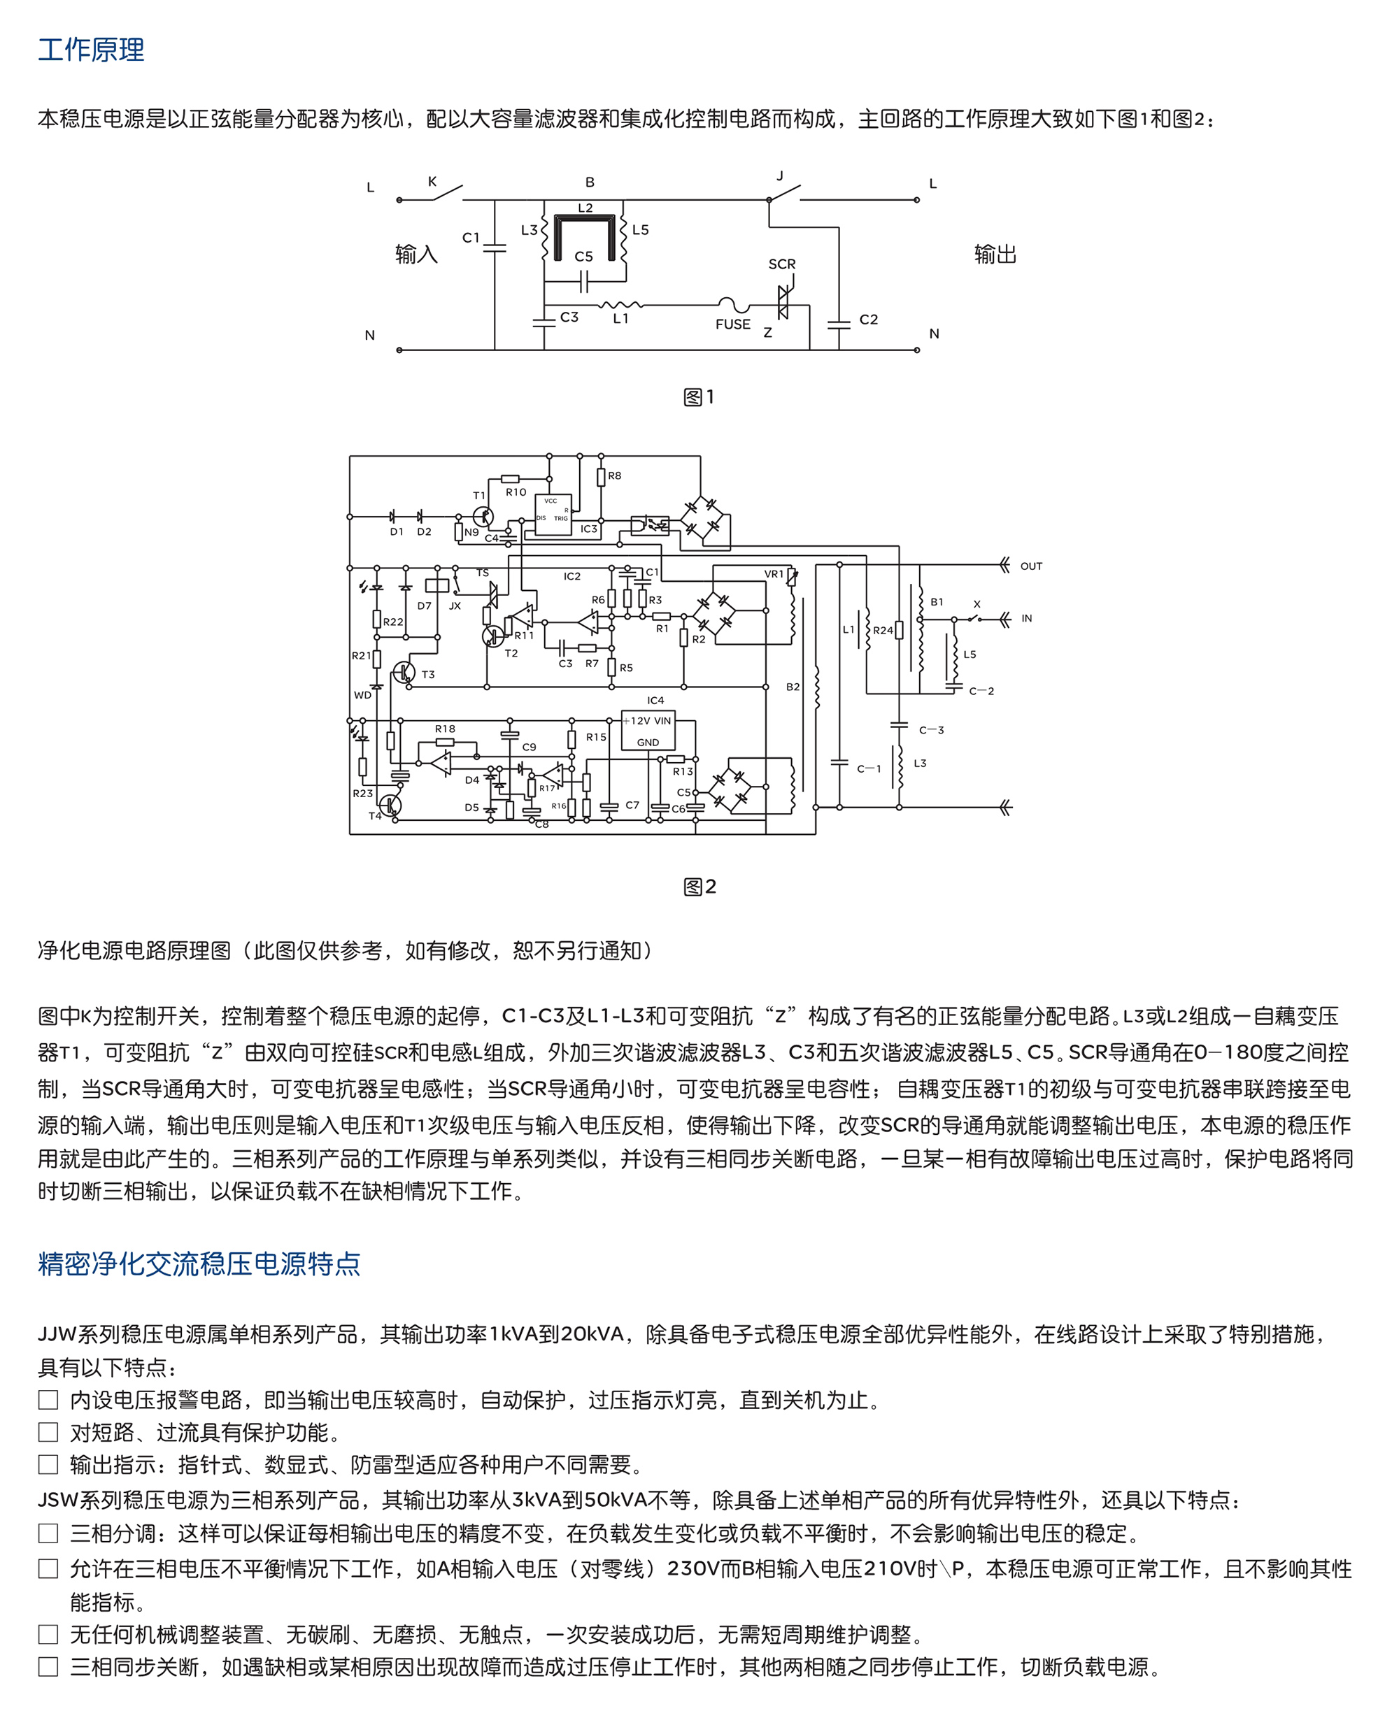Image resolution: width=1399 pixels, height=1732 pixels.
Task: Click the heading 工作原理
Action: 91,50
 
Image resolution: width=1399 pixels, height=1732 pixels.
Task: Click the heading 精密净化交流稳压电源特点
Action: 199,1263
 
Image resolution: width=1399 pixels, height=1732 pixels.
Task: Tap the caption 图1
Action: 699,397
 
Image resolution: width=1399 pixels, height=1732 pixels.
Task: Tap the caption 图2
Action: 699,887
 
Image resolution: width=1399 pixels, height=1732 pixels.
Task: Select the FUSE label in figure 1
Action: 732,324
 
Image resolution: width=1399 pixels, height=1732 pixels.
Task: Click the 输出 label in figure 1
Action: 995,255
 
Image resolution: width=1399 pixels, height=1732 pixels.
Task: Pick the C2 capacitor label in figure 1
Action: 869,320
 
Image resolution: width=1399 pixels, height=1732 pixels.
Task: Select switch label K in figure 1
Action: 432,182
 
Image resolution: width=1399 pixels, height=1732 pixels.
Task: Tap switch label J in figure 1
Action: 779,176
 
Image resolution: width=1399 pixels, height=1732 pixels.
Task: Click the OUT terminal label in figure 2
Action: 1032,566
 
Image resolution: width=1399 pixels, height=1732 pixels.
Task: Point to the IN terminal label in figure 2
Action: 1027,619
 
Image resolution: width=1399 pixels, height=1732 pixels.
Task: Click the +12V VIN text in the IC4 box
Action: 650,721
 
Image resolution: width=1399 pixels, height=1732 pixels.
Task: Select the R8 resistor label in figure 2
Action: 615,476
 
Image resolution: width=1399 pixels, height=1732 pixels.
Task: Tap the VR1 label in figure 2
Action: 774,574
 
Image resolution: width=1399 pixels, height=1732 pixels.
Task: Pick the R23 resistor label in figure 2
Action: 362,794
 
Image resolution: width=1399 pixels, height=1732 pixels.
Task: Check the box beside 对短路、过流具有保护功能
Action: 48,1431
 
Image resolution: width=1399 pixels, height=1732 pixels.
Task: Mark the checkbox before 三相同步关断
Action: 48,1667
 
